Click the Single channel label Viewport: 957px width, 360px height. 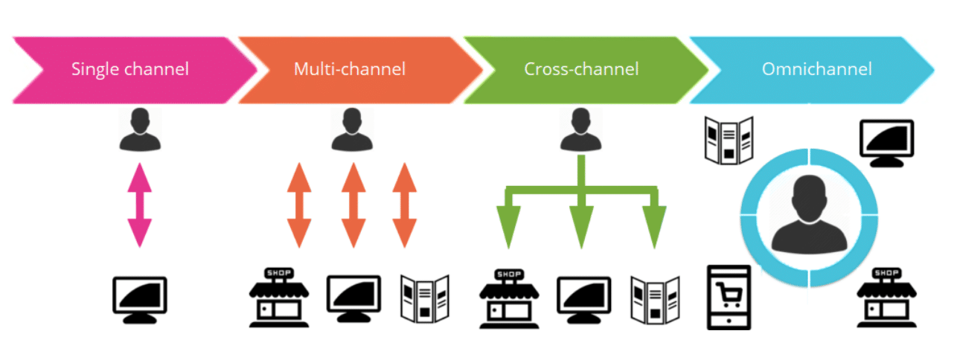pos(130,70)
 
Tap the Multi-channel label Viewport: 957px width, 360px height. pos(350,70)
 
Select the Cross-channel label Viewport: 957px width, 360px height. pos(581,70)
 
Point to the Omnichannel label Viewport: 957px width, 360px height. pos(816,70)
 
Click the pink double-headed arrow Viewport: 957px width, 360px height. pos(139,205)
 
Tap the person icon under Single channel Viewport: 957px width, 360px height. pos(139,129)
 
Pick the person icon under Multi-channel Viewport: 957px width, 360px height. pos(351,129)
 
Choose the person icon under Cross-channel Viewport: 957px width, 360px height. pos(580,129)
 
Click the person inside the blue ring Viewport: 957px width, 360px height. pos(810,215)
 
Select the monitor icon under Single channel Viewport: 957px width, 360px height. pos(139,299)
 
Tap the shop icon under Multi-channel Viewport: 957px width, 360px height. pos(279,298)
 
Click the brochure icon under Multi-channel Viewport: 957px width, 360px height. pos(425,298)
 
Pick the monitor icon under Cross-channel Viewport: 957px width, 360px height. pos(584,299)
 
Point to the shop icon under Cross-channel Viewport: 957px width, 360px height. pos(509,298)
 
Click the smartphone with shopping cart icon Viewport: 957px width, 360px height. pos(729,298)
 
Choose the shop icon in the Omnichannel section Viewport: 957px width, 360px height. pos(886,298)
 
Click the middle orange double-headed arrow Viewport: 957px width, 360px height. pos(353,205)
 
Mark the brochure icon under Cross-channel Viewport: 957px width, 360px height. pos(656,298)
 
